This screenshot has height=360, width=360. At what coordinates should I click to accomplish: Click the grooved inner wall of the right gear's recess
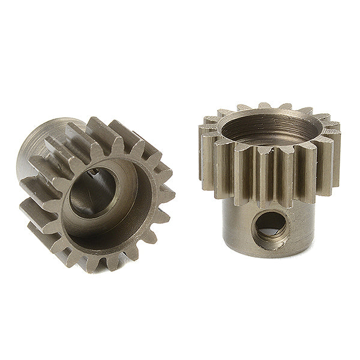(270, 129)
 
